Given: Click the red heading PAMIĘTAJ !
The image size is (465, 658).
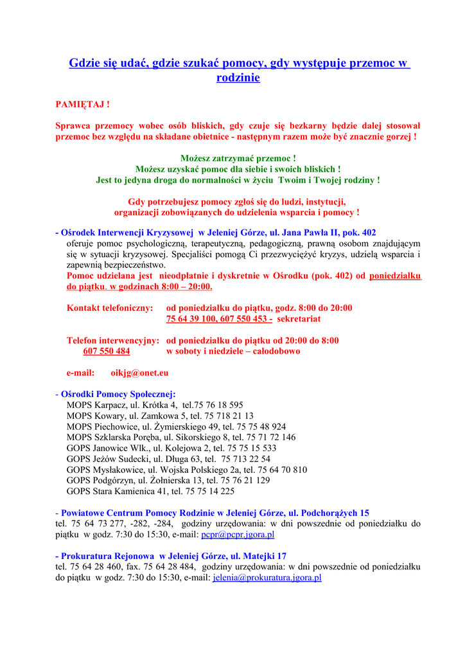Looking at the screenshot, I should pos(82,104).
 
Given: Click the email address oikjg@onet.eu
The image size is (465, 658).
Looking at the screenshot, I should pos(139,373).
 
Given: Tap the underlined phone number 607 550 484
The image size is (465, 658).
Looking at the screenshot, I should pos(107,351).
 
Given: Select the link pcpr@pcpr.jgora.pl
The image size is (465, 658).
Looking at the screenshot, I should pos(238,534).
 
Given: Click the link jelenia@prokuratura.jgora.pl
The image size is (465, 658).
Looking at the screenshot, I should pos(267,578).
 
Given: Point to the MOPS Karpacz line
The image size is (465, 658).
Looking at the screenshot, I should pos(155,405).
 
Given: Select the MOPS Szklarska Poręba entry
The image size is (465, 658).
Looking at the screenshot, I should pos(181,438).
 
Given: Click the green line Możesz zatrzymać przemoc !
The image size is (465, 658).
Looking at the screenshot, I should pos(238,158).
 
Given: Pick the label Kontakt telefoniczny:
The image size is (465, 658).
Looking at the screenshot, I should pos(110,308).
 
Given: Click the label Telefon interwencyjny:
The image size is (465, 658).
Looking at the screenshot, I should pos(112,341).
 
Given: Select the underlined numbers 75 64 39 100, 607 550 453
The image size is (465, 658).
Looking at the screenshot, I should pos(219,319).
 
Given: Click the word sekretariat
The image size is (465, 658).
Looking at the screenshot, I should pos(299,319).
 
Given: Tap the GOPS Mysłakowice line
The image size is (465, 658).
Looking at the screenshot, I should pos(186,470).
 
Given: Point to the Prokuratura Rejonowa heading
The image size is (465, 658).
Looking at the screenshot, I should pos(173,556).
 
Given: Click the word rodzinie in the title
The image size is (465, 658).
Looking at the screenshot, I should pos(238,78).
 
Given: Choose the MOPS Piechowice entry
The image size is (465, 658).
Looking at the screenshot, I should pos(176,427).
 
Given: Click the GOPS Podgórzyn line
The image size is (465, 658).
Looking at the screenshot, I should pos(168,481).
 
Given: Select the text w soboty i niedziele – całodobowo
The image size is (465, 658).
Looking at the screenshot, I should pos(233,351).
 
